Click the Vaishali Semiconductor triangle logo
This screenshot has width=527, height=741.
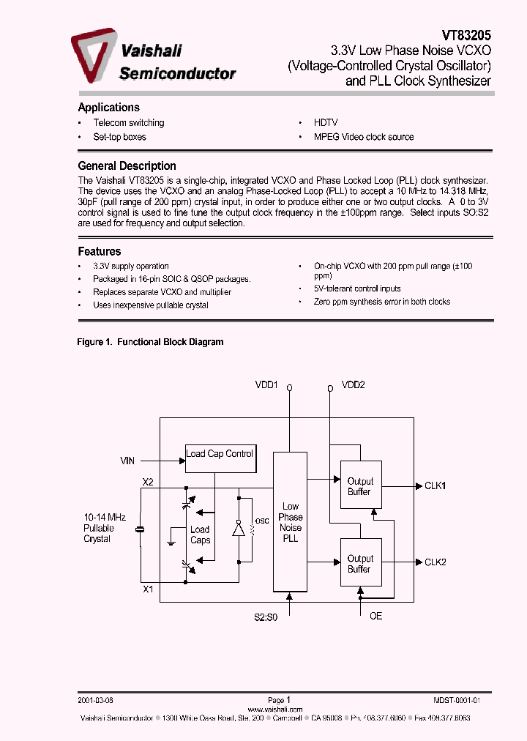[x=93, y=56]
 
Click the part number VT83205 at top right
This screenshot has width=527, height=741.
[x=466, y=34]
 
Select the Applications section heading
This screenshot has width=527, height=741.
[x=108, y=107]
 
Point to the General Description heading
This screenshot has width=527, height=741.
[x=127, y=165]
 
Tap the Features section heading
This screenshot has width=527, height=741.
[x=99, y=251]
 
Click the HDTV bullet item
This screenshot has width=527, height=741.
[x=326, y=123]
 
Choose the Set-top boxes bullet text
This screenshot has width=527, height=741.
[x=119, y=137]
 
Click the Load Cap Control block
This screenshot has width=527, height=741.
[x=220, y=455]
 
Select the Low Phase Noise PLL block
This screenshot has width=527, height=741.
[x=291, y=521]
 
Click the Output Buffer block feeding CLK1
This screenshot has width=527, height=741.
[x=359, y=486]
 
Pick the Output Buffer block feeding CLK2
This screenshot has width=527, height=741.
[x=359, y=564]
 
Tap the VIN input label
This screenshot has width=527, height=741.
[x=128, y=461]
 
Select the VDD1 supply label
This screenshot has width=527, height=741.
[x=266, y=384]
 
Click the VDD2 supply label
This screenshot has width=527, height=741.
[x=353, y=384]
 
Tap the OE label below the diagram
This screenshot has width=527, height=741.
[x=375, y=616]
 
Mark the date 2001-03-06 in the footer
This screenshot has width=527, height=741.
[x=96, y=700]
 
